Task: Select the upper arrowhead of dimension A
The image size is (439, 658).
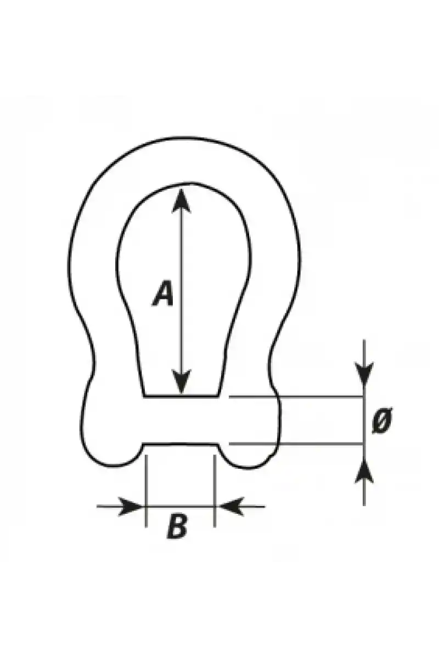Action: pos(181,200)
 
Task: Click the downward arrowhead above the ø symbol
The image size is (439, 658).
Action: pos(364,373)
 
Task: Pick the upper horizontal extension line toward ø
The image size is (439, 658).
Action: pos(296,396)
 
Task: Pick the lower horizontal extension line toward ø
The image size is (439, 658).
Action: pos(296,443)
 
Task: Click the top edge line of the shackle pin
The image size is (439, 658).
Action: pos(181,396)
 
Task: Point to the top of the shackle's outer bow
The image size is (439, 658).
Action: pos(184,138)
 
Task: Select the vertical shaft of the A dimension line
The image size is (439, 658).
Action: pos(182,291)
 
